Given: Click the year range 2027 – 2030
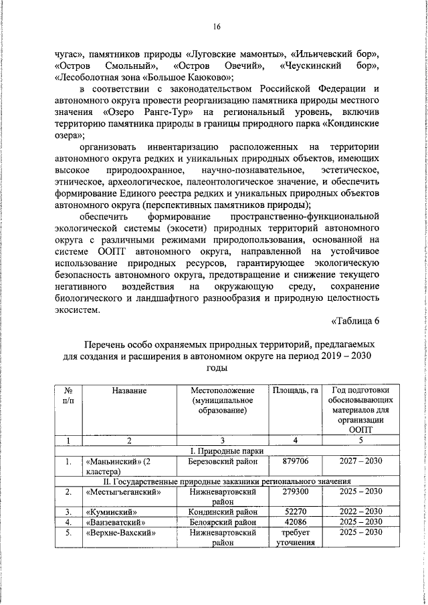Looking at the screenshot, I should (359, 462).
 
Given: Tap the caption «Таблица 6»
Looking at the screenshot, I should (355, 321).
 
